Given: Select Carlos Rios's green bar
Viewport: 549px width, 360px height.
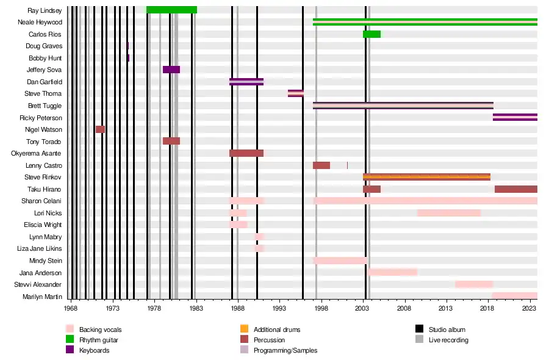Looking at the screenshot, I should coord(371,34).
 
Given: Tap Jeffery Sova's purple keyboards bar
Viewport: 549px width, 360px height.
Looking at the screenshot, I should coord(171,70).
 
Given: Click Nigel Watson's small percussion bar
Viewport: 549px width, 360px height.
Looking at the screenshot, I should coord(100,129).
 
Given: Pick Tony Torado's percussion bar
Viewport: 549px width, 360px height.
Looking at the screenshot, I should coord(171,141).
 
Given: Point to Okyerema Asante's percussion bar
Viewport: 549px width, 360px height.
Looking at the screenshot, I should coord(246,153).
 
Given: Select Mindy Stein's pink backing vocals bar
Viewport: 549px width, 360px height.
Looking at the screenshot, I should coord(340,261).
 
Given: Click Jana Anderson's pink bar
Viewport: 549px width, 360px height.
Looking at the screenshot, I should coord(392,272).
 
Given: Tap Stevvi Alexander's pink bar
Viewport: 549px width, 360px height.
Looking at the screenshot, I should coord(473,284).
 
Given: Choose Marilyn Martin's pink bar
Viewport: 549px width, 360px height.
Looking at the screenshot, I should coord(514,296).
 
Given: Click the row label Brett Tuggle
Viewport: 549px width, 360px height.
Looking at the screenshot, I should coord(45,106).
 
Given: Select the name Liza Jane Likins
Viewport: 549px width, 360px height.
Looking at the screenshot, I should coord(40,248).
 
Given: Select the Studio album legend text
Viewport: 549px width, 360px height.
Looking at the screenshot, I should coord(447,329).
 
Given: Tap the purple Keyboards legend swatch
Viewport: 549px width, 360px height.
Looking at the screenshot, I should coord(70,350).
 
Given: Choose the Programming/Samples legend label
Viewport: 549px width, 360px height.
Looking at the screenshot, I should coord(285,350).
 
